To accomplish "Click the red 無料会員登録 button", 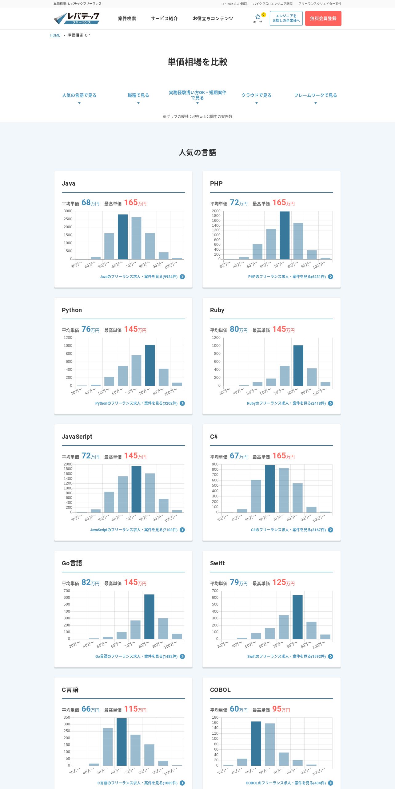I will pyautogui.click(x=323, y=18).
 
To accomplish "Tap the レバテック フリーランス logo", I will pyautogui.click(x=77, y=18).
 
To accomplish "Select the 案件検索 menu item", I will pyautogui.click(x=127, y=18).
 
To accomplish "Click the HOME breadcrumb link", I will pyautogui.click(x=55, y=35).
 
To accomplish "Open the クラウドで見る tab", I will pyautogui.click(x=256, y=96).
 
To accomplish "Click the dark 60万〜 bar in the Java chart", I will pyautogui.click(x=123, y=237).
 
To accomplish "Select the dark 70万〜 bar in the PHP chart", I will pyautogui.click(x=285, y=235).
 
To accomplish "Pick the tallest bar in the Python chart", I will pyautogui.click(x=150, y=365).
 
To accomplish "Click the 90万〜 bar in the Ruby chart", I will pyautogui.click(x=312, y=377).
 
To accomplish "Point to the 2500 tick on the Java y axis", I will pyautogui.click(x=68, y=219).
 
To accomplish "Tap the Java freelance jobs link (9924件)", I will pyautogui.click(x=138, y=277).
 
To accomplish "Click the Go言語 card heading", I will pyautogui.click(x=72, y=563).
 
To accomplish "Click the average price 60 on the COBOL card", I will pyautogui.click(x=234, y=709).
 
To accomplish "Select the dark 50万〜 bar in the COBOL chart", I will pyautogui.click(x=256, y=743).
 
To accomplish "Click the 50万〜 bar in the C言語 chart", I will pyautogui.click(x=108, y=747).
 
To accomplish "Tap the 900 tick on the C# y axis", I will pyautogui.click(x=215, y=464).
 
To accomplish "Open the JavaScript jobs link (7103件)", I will pyautogui.click(x=134, y=530).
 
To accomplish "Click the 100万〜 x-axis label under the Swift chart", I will pyautogui.click(x=319, y=645).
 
